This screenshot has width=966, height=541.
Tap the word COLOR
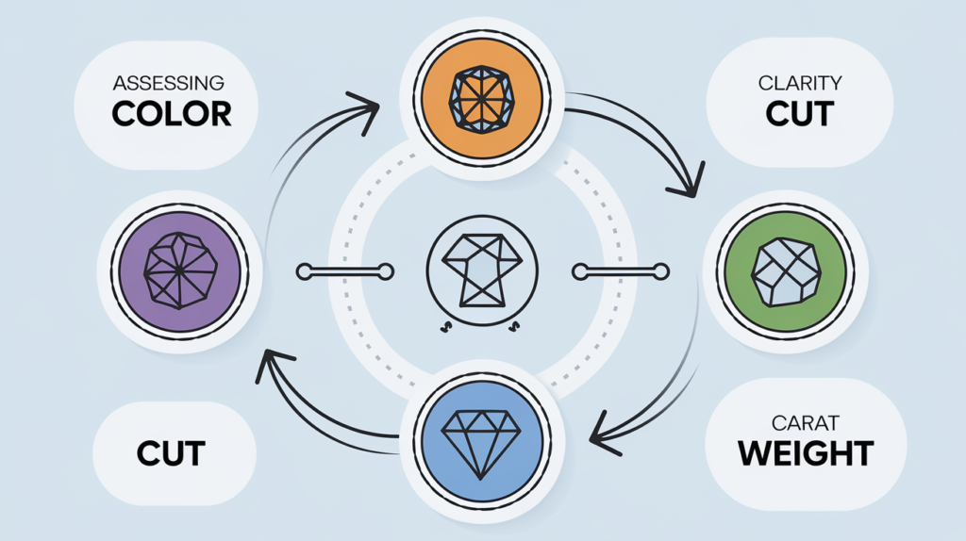click(x=171, y=113)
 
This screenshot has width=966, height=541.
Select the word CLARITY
click(x=799, y=82)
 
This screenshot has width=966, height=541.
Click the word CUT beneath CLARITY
click(x=799, y=114)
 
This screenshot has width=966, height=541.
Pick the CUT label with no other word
click(x=172, y=452)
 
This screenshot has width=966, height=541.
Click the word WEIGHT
click(x=806, y=453)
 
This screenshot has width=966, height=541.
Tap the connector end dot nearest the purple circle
click(x=304, y=272)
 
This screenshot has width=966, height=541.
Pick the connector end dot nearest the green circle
click(x=663, y=272)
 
